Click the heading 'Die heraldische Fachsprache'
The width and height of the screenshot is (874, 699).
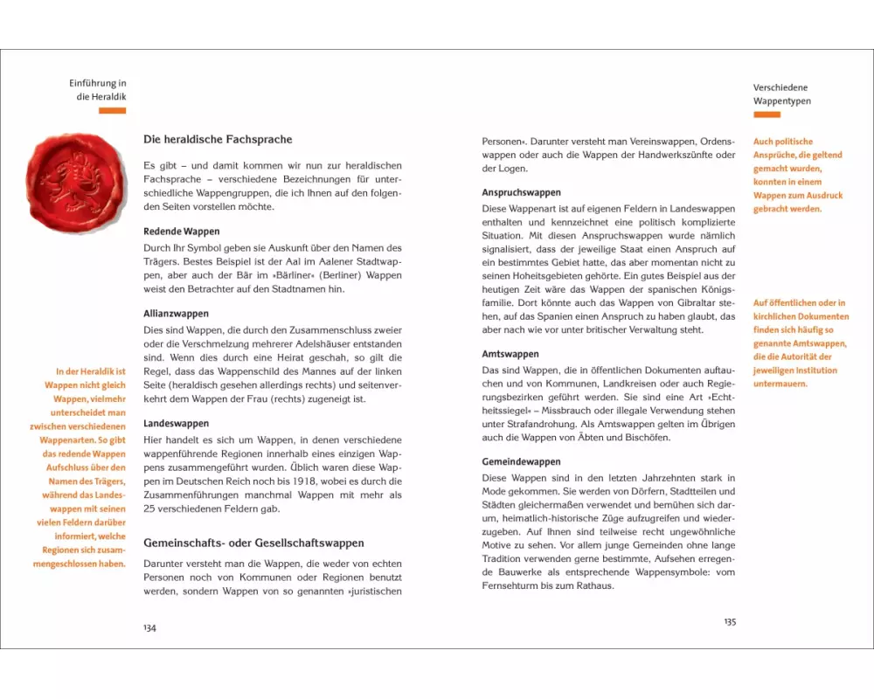pos(218,139)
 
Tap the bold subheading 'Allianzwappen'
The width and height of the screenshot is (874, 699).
pos(176,313)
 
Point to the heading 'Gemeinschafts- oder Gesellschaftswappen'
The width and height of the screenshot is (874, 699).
pos(253,543)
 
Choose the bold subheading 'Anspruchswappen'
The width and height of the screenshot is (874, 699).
pos(522,192)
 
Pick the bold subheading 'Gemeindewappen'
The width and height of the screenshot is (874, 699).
pos(521,461)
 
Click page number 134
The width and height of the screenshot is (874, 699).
pos(149,627)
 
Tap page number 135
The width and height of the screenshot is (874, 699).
pos(730,621)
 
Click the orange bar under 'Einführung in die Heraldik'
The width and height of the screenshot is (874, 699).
pos(112,111)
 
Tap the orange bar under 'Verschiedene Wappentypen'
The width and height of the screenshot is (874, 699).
pos(766,114)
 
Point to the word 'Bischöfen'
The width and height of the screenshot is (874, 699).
pos(645,438)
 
